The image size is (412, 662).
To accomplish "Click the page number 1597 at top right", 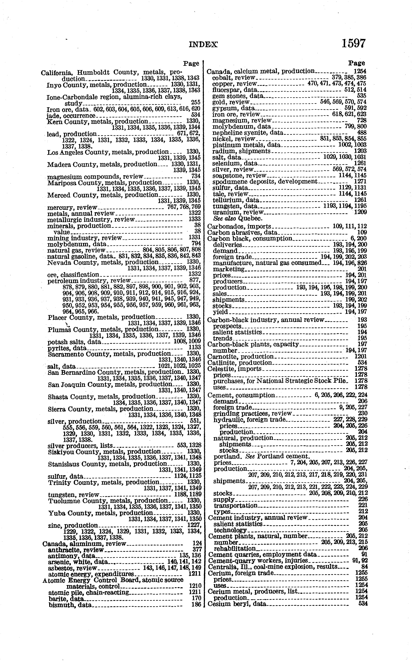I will click(353, 44).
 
